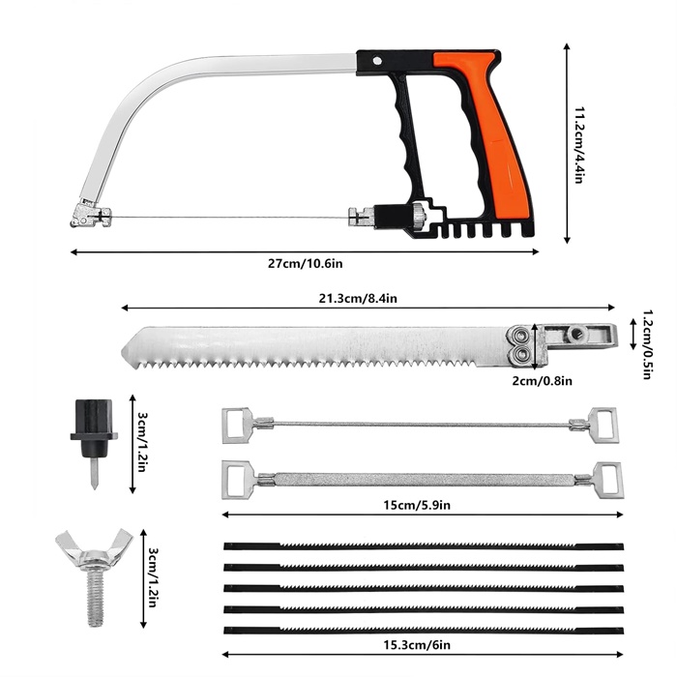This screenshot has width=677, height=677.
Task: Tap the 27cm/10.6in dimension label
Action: tap(306, 263)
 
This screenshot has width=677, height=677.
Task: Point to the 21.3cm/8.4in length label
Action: tap(358, 298)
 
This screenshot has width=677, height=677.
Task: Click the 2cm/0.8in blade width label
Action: tap(542, 381)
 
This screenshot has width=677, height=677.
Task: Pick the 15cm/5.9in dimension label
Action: tap(417, 505)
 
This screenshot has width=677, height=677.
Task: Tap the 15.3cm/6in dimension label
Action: tap(417, 645)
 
